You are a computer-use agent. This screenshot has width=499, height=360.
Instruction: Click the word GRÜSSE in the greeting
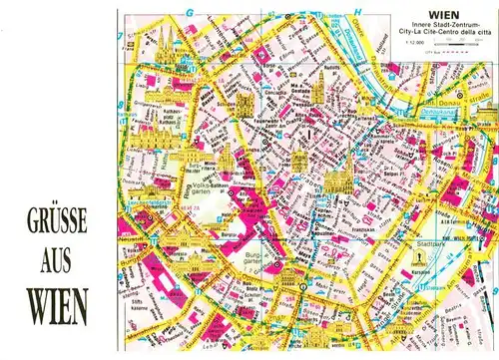54,217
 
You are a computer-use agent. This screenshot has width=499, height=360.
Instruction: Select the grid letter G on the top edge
187,14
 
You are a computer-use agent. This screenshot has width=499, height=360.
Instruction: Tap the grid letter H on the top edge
356,14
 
